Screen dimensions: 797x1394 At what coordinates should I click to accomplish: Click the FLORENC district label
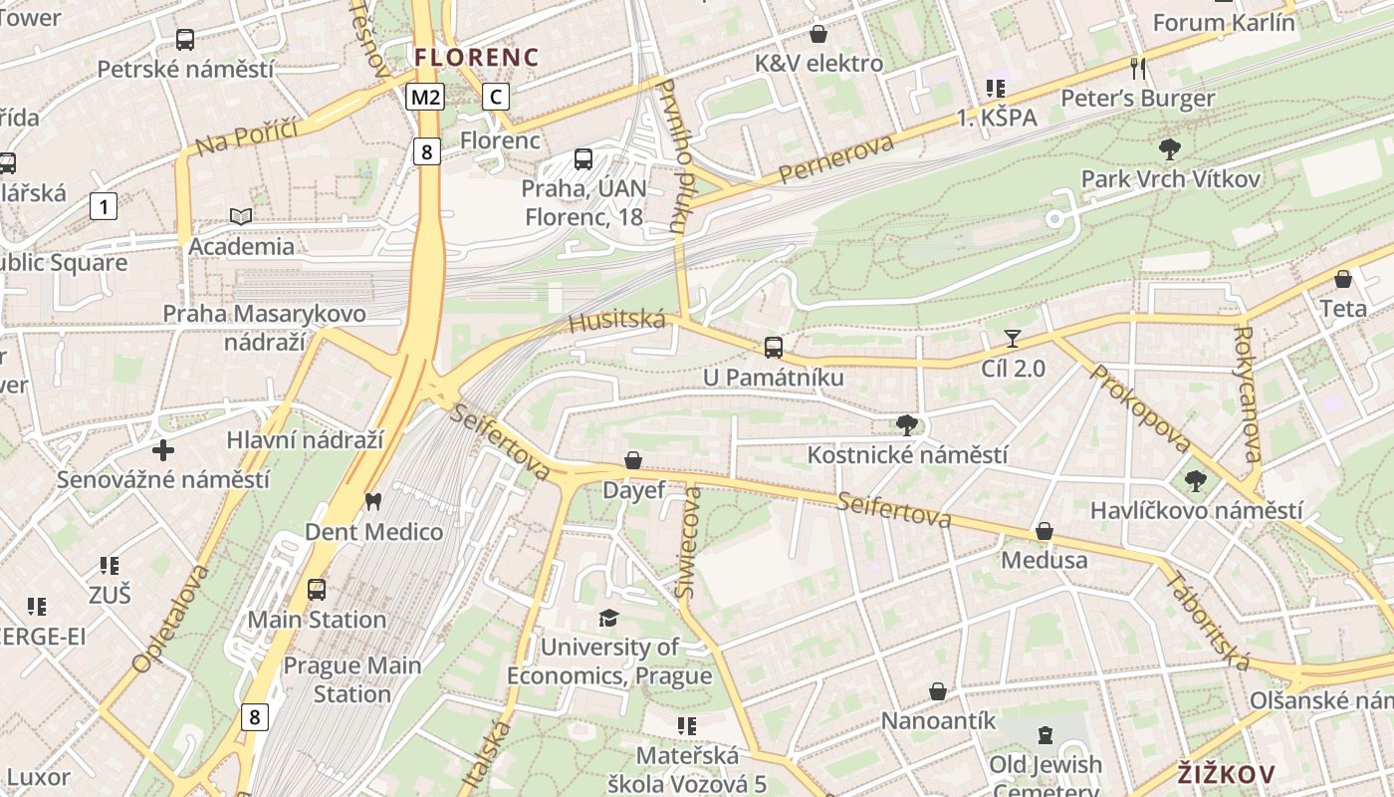pos(476,57)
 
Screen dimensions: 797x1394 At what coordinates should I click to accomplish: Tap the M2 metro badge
pos(425,97)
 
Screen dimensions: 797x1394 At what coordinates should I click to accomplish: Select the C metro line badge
pos(496,97)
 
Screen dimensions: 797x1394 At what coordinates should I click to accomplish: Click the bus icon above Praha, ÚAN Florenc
pos(583,158)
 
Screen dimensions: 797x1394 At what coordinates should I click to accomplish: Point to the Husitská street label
pos(616,321)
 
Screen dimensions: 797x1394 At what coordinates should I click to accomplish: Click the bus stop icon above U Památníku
pos(774,348)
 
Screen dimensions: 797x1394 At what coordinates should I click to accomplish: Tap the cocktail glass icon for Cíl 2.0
pos(1013,339)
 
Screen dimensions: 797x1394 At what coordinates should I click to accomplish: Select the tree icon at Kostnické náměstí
pos(906,425)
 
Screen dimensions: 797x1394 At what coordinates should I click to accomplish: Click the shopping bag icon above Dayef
pos(632,460)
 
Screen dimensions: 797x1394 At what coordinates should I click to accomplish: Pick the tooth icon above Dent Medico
pos(373,501)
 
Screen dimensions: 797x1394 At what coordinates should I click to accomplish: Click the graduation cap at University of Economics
pos(608,619)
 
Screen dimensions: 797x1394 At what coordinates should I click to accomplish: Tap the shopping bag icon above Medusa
pos(1045,531)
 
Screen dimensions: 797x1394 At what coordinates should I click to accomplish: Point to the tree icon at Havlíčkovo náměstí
pos(1196,481)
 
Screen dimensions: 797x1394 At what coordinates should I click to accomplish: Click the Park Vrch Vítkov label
pos(1171,179)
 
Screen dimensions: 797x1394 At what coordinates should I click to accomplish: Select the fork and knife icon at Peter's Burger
pos(1139,69)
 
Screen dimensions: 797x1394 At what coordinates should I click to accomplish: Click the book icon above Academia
pos(241,216)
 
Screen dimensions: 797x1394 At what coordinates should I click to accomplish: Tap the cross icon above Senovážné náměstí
pos(163,450)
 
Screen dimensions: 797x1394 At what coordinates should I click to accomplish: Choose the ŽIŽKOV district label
pos(1226,774)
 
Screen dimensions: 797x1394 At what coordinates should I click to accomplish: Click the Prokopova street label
pos(1141,407)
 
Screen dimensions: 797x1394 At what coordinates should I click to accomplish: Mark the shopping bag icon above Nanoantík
pos(938,691)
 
